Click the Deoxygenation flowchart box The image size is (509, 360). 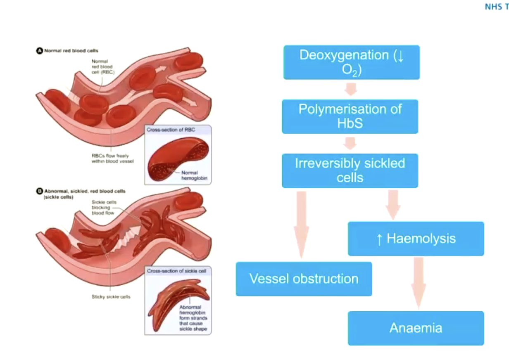pos(351,62)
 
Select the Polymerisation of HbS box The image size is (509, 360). pos(350,116)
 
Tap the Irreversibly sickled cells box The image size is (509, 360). pos(350,171)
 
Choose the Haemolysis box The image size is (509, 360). pos(416,239)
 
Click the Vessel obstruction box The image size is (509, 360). pos(304,279)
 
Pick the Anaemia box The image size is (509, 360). pos(416,328)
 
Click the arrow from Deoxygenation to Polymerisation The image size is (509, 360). pos(350,89)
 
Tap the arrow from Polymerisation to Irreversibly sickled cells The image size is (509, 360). pos(350,143)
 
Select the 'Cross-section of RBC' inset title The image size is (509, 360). pos(164,130)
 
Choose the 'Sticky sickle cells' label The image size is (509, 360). pos(111,296)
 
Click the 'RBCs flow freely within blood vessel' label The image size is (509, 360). pos(112,159)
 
